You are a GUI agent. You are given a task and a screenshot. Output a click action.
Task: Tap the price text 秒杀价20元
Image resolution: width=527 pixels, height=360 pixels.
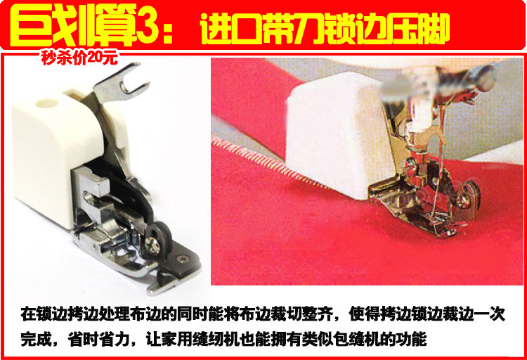[79, 58]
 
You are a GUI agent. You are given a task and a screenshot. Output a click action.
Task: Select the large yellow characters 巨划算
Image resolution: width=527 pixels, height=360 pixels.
[72, 25]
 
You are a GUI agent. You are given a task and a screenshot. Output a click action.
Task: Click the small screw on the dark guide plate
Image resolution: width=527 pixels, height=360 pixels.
[183, 258]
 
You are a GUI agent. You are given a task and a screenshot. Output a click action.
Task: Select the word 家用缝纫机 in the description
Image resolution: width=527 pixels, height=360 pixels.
[200, 339]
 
